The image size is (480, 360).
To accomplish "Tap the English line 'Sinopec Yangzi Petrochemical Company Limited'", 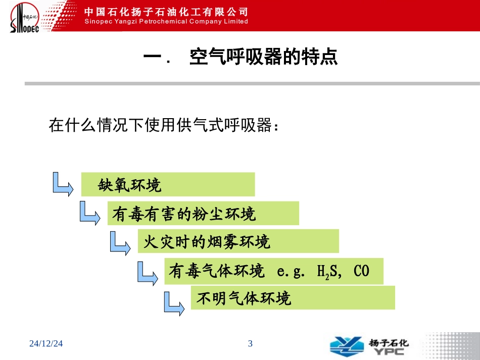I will pos(165,22).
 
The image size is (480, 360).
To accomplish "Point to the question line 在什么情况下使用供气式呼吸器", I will pos(164,125).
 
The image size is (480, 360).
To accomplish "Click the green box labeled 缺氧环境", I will pos(168,184).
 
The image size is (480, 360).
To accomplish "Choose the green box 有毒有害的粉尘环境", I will pos(203,214).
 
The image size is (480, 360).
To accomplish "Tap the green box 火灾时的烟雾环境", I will pos(238,241).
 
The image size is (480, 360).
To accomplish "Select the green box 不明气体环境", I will pos(293,298).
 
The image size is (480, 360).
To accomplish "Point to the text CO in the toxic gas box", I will pos(361,272).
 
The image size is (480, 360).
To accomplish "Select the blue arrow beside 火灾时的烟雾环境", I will pos(121,241).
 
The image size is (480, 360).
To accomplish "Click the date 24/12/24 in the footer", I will pos(46,344).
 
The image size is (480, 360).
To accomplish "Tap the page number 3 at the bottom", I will pos(250,344).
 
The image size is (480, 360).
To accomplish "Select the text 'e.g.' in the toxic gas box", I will pos(292,272).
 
